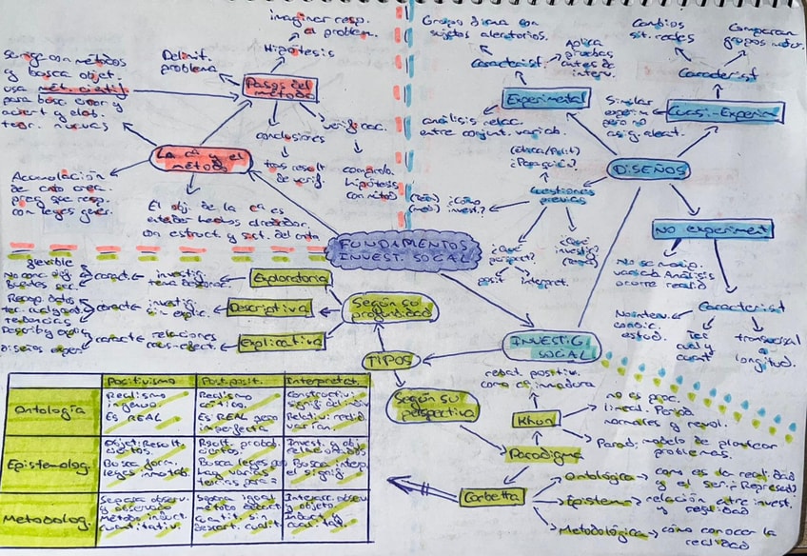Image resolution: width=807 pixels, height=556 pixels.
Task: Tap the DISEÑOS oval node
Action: pos(647,170)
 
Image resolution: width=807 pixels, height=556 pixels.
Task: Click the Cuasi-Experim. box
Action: pos(725,111)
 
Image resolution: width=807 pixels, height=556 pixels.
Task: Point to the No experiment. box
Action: pos(712,229)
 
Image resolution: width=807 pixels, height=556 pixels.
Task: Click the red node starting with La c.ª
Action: pos(201,159)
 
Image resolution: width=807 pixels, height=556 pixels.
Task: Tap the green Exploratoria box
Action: pos(290,278)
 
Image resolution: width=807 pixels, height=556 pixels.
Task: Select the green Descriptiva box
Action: pos(270,308)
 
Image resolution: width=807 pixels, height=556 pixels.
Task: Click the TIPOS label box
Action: pos(388,361)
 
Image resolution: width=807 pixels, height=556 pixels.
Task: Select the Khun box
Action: pos(536,419)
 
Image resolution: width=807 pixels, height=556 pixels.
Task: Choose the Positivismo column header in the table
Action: pos(146,382)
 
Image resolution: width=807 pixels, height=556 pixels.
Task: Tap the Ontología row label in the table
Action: pos(51,411)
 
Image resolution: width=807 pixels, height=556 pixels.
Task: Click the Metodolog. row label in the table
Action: pos(51,519)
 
